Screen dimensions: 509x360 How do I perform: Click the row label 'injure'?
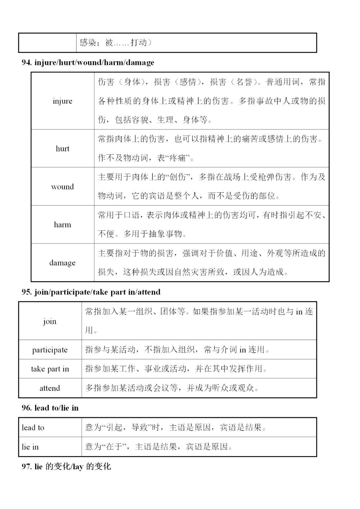(x=62, y=101)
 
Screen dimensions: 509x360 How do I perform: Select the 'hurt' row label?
(x=62, y=149)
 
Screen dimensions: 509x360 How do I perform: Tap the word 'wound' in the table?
(x=62, y=187)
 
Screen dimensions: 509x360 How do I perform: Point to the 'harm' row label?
(x=62, y=225)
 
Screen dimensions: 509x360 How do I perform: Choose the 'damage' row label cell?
(x=62, y=263)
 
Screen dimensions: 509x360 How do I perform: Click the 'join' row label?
(x=50, y=321)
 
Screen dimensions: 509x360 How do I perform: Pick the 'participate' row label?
(x=50, y=350)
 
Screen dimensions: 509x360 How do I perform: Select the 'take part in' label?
(x=50, y=369)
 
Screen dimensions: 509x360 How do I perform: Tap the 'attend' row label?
(x=50, y=388)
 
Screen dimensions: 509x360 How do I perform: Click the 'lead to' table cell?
(x=33, y=427)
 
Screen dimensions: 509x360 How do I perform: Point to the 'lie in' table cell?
(x=30, y=447)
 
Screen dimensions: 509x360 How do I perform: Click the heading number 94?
(x=26, y=63)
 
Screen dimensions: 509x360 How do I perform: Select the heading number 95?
(x=26, y=292)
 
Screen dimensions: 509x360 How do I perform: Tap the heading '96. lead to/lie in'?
(x=50, y=408)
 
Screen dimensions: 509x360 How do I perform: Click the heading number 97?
(x=26, y=467)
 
